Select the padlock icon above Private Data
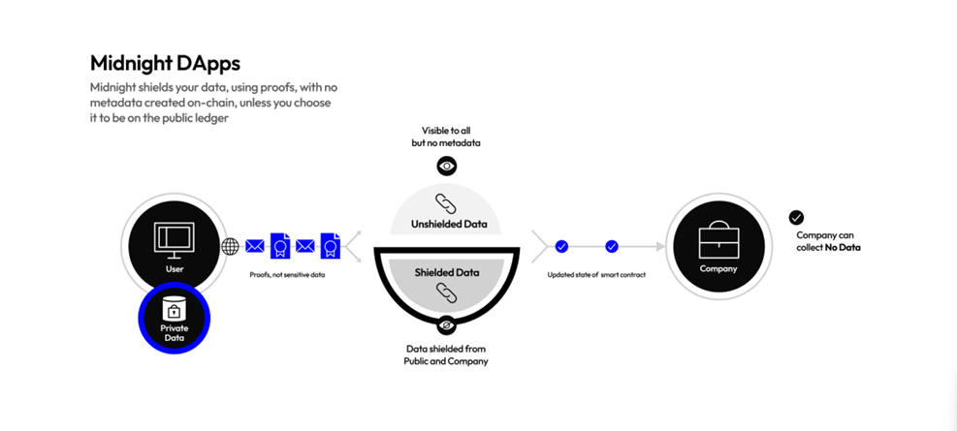tap(175, 310)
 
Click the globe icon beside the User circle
tap(230, 246)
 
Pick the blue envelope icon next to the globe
tap(255, 246)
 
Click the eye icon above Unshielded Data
tap(446, 166)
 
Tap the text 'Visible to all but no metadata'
tap(446, 137)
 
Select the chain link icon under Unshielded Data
tap(446, 203)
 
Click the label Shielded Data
tap(446, 272)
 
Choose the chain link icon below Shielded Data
tap(446, 292)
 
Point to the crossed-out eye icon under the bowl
tap(446, 324)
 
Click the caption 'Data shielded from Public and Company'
tap(446, 354)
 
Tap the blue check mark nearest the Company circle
tap(612, 246)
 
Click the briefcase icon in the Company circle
tap(718, 237)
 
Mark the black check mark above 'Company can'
tap(796, 218)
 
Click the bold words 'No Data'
tap(843, 248)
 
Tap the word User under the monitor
tap(175, 268)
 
